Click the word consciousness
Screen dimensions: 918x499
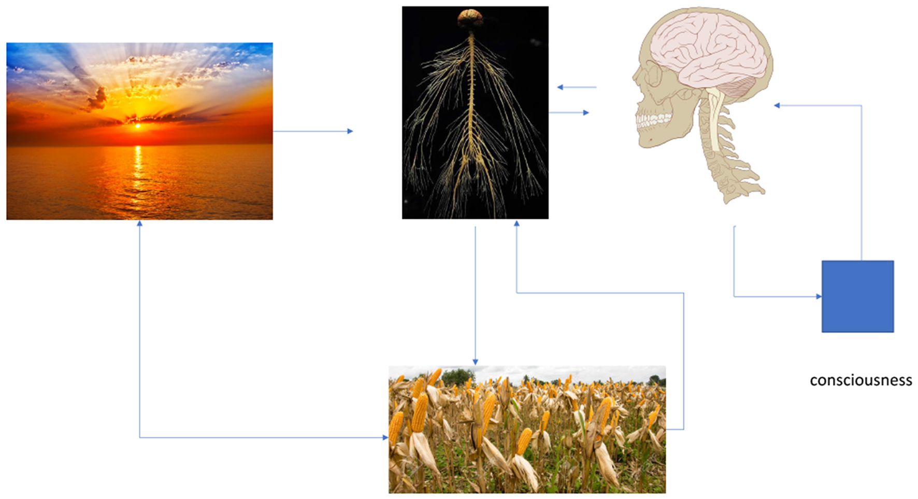pos(860,380)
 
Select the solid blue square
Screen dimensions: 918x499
pos(857,296)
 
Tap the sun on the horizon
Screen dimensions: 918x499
pos(138,126)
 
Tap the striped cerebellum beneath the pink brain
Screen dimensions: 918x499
pos(737,87)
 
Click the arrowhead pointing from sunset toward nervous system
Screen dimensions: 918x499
pos(350,131)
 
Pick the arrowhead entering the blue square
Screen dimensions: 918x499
pos(819,297)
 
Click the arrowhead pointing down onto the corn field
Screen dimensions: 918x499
pos(475,362)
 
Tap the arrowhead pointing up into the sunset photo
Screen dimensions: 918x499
pos(139,224)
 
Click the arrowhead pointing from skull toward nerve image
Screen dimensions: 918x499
pos(560,87)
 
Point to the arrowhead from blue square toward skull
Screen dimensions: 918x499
pos(777,106)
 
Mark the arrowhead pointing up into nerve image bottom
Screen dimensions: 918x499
pos(516,224)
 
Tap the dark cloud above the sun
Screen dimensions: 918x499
pos(97,98)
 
